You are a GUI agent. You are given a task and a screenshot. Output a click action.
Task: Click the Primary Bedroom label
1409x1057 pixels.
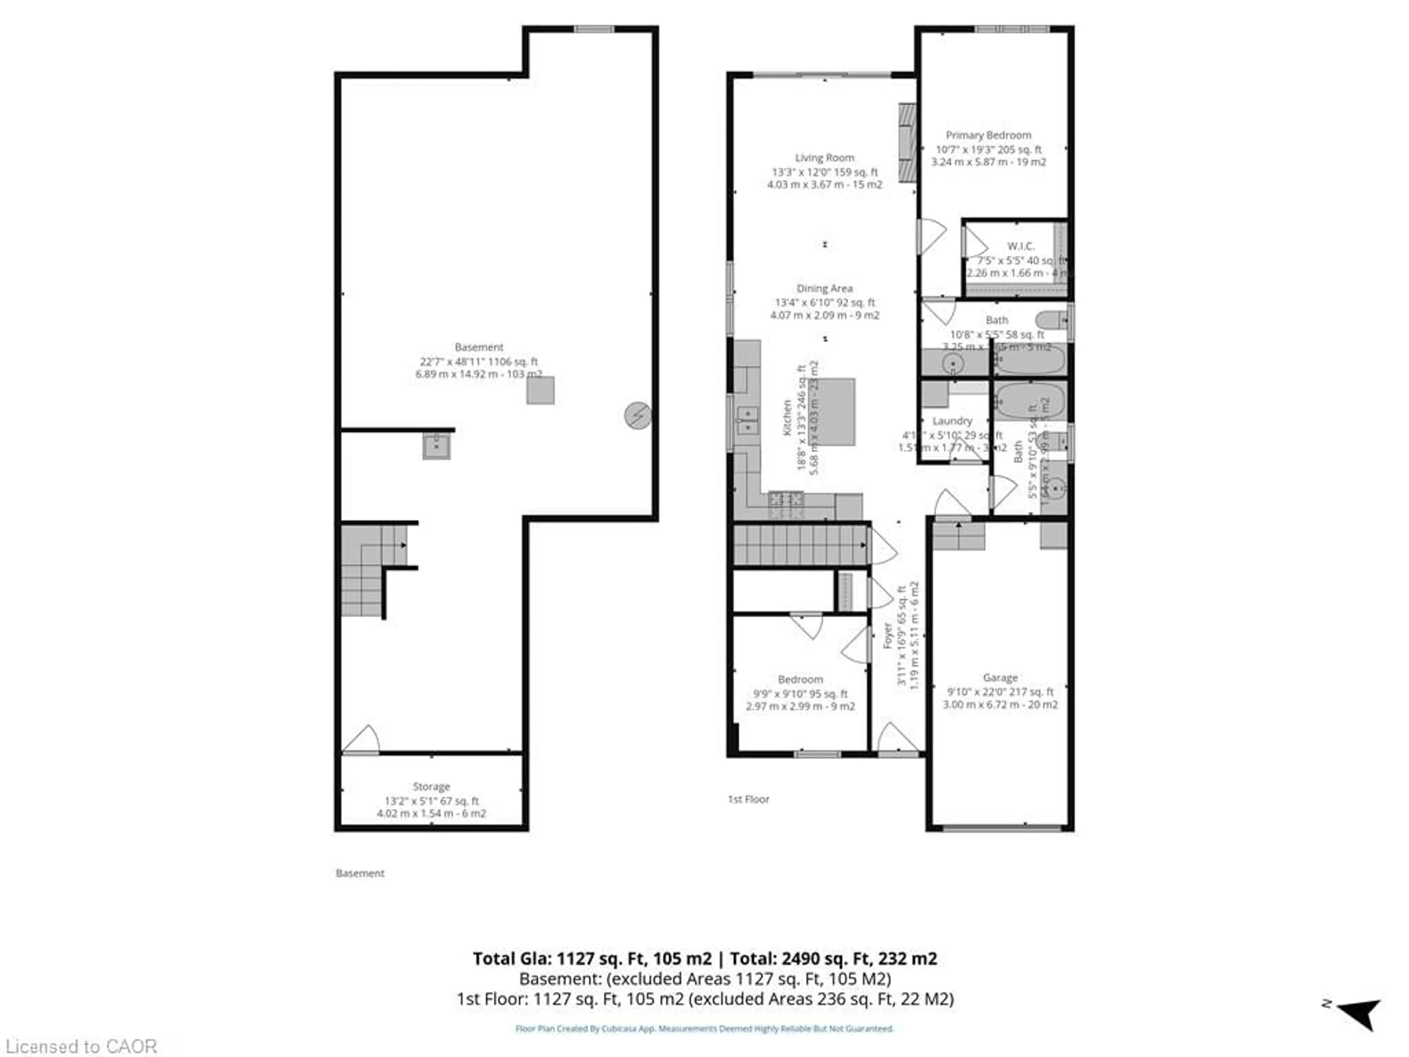point(988,135)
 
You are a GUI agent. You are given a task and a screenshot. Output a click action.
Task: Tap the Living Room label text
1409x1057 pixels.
point(824,157)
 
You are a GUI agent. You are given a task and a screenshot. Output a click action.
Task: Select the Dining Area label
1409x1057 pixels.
point(824,288)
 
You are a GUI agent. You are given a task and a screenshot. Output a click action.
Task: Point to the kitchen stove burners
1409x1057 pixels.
point(786,498)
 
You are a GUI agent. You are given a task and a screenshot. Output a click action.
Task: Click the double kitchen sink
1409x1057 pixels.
point(747,421)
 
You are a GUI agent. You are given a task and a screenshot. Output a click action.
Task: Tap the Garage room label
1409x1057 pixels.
point(1000,678)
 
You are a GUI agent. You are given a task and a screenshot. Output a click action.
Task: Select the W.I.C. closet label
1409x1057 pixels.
point(1020,246)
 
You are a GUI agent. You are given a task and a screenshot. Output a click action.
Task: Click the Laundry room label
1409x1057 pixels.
point(952,421)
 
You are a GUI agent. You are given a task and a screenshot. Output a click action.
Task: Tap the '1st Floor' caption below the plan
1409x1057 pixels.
point(749,799)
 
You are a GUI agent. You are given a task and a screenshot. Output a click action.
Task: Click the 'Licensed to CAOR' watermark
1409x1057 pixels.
point(81,1046)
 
